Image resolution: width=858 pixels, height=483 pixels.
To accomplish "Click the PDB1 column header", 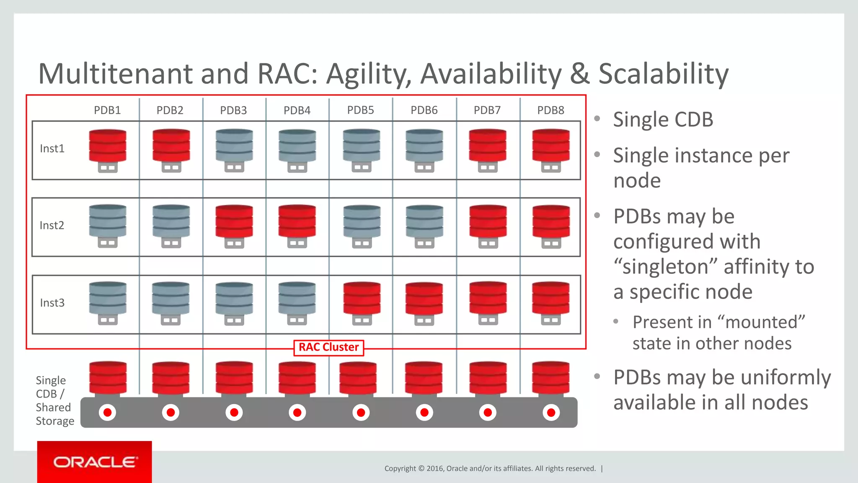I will pyautogui.click(x=107, y=110).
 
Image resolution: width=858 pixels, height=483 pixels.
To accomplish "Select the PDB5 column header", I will pyautogui.click(x=360, y=110).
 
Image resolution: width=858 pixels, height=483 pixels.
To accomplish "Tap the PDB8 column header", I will pyautogui.click(x=550, y=110).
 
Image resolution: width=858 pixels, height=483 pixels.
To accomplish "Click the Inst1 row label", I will pyautogui.click(x=52, y=149).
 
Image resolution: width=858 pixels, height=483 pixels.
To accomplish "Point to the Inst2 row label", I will pyautogui.click(x=52, y=226).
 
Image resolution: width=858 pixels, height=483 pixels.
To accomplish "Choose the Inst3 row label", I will pyautogui.click(x=52, y=303).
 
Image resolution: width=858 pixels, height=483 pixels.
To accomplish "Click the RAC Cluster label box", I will pyautogui.click(x=328, y=348).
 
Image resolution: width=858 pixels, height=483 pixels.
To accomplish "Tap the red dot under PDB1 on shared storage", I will pyautogui.click(x=107, y=413).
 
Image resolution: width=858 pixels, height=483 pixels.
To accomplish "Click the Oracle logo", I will pyautogui.click(x=95, y=462).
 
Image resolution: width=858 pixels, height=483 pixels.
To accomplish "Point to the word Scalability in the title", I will pyautogui.click(x=663, y=74).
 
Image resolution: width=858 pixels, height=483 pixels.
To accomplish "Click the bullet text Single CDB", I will pyautogui.click(x=663, y=120).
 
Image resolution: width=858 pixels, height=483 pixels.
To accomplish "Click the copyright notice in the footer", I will pyautogui.click(x=490, y=468).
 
